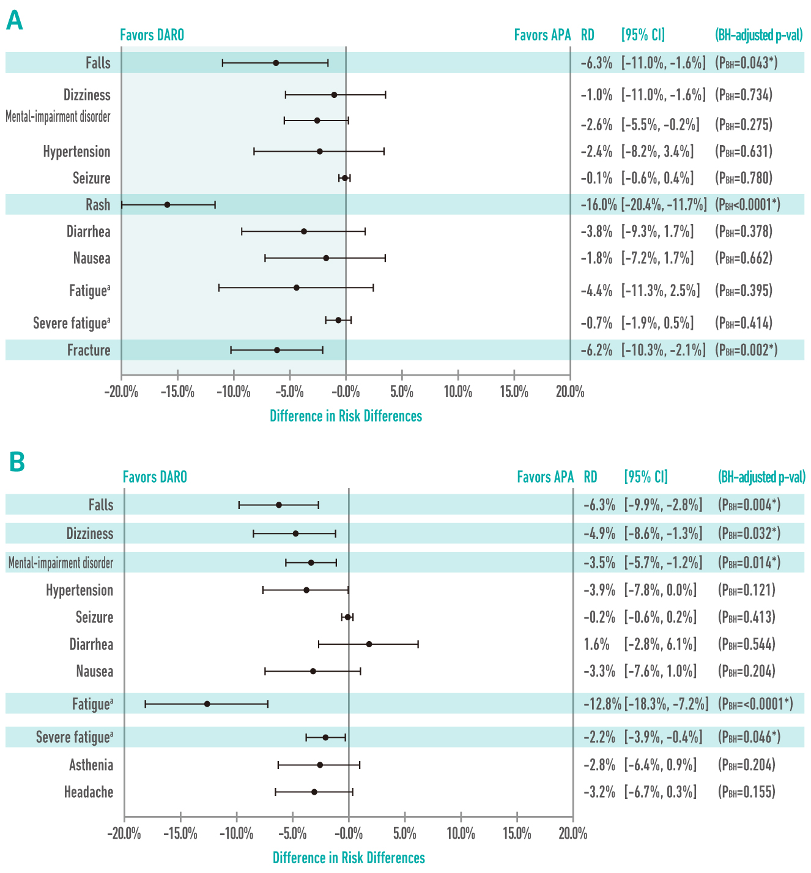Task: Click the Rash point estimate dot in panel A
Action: coord(167,204)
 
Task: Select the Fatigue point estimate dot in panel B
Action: coord(207,704)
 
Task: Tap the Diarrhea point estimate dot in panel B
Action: coord(369,644)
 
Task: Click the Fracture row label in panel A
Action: coord(89,350)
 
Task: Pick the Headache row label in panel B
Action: coord(89,792)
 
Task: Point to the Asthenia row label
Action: coord(91,765)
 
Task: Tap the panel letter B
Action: coord(17,463)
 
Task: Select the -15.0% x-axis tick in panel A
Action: coord(177,392)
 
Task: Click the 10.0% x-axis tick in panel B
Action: coord(461,834)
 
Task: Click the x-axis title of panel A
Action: coord(346,416)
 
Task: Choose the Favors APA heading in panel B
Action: coord(545,477)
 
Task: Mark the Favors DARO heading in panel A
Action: coord(152,35)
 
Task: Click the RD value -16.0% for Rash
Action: coord(598,204)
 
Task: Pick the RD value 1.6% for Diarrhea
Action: coord(596,644)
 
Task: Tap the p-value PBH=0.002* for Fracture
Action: coord(746,350)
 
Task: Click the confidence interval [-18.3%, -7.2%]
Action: coord(666,704)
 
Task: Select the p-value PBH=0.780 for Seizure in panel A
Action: coord(744,178)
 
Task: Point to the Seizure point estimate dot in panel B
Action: coord(347,617)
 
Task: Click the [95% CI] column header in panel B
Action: coord(646,477)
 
